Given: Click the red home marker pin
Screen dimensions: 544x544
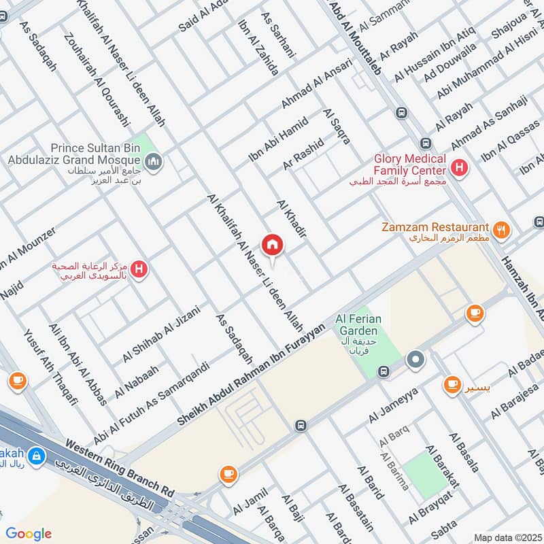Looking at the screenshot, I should (272, 244).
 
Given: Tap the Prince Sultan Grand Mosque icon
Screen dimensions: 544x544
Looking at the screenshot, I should (154, 161).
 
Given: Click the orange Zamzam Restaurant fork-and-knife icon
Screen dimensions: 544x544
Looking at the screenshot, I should (502, 230).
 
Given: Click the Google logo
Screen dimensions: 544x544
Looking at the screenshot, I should (29, 534).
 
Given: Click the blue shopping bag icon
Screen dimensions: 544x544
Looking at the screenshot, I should (38, 457).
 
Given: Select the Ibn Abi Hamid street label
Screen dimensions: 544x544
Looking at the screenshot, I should (278, 139).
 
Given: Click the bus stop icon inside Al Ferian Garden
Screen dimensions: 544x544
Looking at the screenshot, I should (384, 371).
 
